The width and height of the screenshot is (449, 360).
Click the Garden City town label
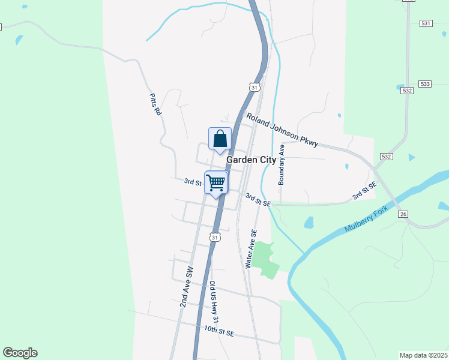pyautogui.click(x=251, y=160)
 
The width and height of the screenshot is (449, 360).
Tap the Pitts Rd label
pyautogui.click(x=156, y=104)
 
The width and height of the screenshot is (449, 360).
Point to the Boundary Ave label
pyautogui.click(x=280, y=164)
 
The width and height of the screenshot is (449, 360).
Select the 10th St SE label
pyautogui.click(x=218, y=329)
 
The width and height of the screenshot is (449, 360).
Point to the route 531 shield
pyautogui.click(x=426, y=23)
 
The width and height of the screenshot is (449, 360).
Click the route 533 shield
pyautogui.click(x=426, y=83)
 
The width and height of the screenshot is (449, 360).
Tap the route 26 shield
pyautogui.click(x=403, y=214)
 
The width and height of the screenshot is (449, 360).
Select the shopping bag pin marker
pyautogui.click(x=220, y=139)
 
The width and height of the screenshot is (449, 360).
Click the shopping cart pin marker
pyautogui.click(x=216, y=182)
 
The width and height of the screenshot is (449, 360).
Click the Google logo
pyautogui.click(x=20, y=353)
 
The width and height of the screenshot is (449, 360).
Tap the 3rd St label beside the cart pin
pyautogui.click(x=192, y=181)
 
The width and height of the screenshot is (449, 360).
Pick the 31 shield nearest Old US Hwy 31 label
pyautogui.click(x=215, y=237)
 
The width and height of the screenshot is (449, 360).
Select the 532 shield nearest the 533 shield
pyautogui.click(x=408, y=90)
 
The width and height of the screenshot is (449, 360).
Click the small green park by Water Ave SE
pyautogui.click(x=265, y=260)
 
